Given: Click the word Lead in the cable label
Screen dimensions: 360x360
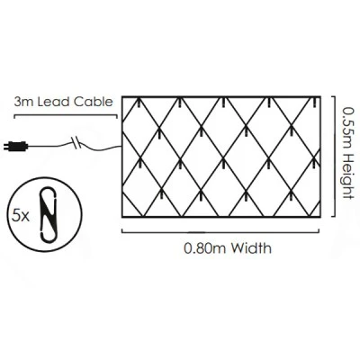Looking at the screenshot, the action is pyautogui.click(x=54, y=102).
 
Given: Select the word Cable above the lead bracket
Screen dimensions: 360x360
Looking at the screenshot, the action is pyautogui.click(x=94, y=102).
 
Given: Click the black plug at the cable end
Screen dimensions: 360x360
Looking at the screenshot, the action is pyautogui.click(x=15, y=146).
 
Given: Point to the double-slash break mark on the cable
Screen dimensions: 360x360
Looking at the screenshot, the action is pyautogui.click(x=76, y=142).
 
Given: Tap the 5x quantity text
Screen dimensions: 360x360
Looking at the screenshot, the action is pyautogui.click(x=21, y=216).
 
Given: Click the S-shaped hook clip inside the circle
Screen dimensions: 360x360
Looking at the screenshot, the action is pyautogui.click(x=48, y=214).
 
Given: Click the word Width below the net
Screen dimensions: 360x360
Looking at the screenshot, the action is pyautogui.click(x=251, y=248).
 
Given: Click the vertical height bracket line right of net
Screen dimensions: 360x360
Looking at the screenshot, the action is pyautogui.click(x=334, y=157).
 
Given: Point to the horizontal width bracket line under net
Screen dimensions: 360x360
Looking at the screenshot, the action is pyautogui.click(x=220, y=231).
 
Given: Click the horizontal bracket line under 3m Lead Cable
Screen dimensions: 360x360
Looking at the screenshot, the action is pyautogui.click(x=66, y=116).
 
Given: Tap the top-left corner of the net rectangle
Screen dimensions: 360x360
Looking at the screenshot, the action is pyautogui.click(x=122, y=97).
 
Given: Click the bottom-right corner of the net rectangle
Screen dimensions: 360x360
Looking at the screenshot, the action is pyautogui.click(x=320, y=216).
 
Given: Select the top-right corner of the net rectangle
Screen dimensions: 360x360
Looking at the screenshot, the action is pyautogui.click(x=320, y=97).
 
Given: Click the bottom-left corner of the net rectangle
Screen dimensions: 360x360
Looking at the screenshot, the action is pyautogui.click(x=122, y=216).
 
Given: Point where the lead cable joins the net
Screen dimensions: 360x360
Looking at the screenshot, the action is pyautogui.click(x=121, y=146).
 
